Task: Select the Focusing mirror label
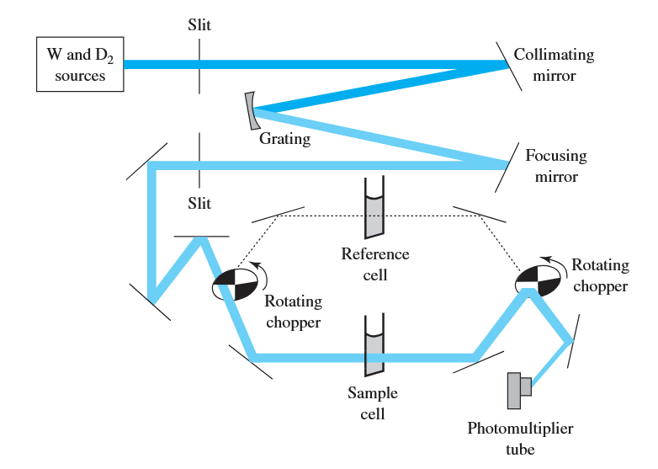tap(555, 166)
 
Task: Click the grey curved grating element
tap(250, 110)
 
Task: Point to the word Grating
tap(284, 139)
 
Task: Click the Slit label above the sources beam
tap(199, 24)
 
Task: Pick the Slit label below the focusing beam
tap(199, 204)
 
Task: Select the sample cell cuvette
tap(374, 346)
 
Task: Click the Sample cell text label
tap(373, 402)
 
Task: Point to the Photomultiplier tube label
tap(520, 439)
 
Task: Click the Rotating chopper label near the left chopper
tap(293, 310)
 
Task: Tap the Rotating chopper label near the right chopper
tap(600, 275)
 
